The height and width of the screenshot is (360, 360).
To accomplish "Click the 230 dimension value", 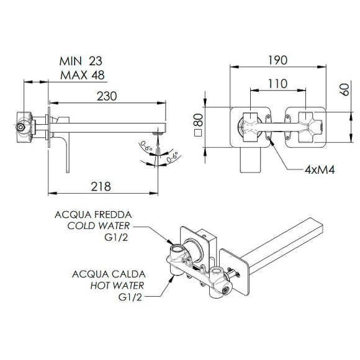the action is pos(107,96).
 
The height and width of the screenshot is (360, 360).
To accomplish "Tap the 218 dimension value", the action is pos(101,187).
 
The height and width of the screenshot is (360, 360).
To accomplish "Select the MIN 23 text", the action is pos(81,61).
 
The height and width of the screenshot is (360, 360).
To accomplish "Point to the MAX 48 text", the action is pos(83,75).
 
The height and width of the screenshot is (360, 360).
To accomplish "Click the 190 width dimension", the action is pos(278,60).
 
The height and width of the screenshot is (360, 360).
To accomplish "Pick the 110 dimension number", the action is pos(278,84).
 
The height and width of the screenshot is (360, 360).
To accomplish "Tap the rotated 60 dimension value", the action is pos(345,89).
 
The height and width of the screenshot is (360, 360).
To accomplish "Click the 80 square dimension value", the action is pos(199,120).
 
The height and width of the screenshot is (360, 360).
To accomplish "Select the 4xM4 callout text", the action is pos(320,170).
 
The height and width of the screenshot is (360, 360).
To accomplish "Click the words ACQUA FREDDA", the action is pos(93,215).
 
